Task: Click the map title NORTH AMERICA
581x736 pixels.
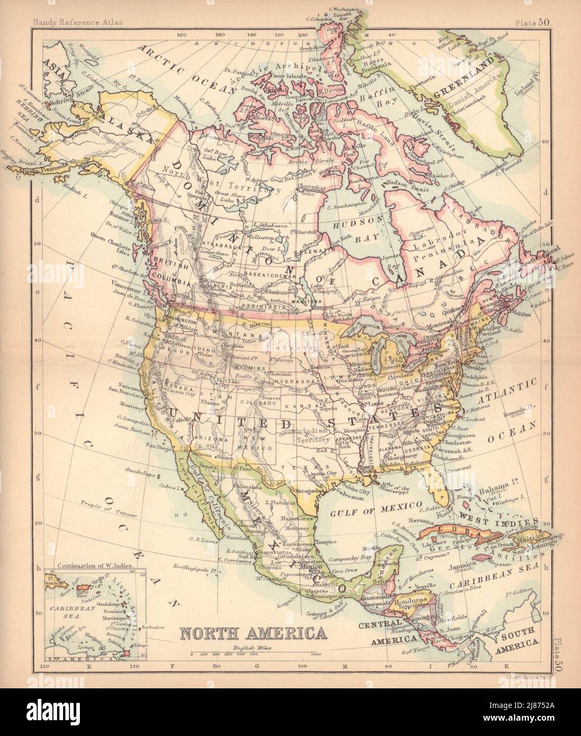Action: (x=253, y=633)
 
